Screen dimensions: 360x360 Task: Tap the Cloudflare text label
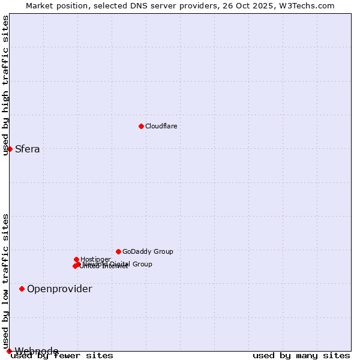tap(161, 126)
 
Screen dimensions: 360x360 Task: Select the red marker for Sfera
tap(10, 149)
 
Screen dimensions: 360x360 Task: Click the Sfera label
tap(28, 149)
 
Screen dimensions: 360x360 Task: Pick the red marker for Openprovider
tap(22, 289)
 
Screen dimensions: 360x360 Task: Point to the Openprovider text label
tap(59, 289)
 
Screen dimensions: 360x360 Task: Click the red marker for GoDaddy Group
tap(119, 251)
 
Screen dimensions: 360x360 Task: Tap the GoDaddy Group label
tap(148, 252)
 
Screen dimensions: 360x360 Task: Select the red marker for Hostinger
tap(77, 259)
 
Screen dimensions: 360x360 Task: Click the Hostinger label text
tap(95, 259)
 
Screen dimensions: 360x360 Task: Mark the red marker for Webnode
tap(9, 351)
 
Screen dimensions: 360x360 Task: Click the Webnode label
tap(37, 351)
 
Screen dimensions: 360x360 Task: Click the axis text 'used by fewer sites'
tap(62, 356)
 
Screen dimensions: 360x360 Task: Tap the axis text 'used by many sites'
tap(301, 356)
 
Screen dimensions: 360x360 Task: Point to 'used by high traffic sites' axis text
tap(6, 85)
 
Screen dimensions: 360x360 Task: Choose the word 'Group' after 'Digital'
tap(142, 264)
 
